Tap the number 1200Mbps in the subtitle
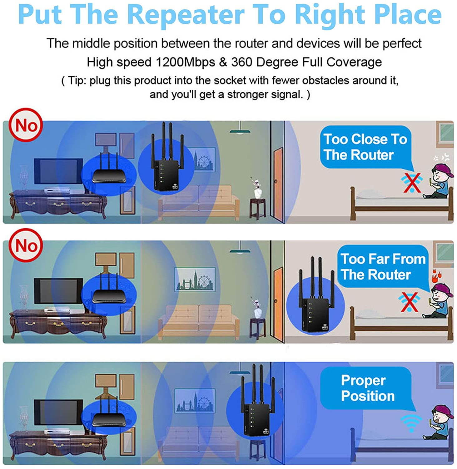[x=185, y=62]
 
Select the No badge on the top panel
[x=26, y=125]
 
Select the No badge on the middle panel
[x=26, y=245]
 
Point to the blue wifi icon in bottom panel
[x=412, y=422]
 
